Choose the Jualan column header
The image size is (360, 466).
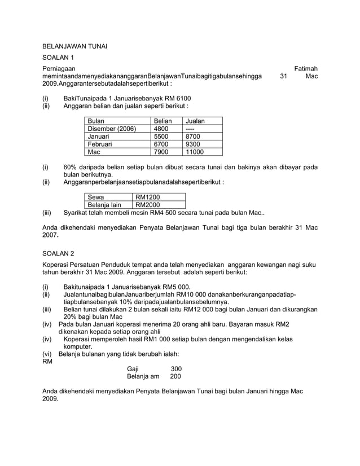point(195,121)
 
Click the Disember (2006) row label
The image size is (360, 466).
point(111,129)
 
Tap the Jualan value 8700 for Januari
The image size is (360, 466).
point(193,137)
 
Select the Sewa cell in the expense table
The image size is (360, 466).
point(95,197)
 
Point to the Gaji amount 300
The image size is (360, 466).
point(176,368)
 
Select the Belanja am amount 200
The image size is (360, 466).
point(176,376)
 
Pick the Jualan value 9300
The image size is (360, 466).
point(193,144)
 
